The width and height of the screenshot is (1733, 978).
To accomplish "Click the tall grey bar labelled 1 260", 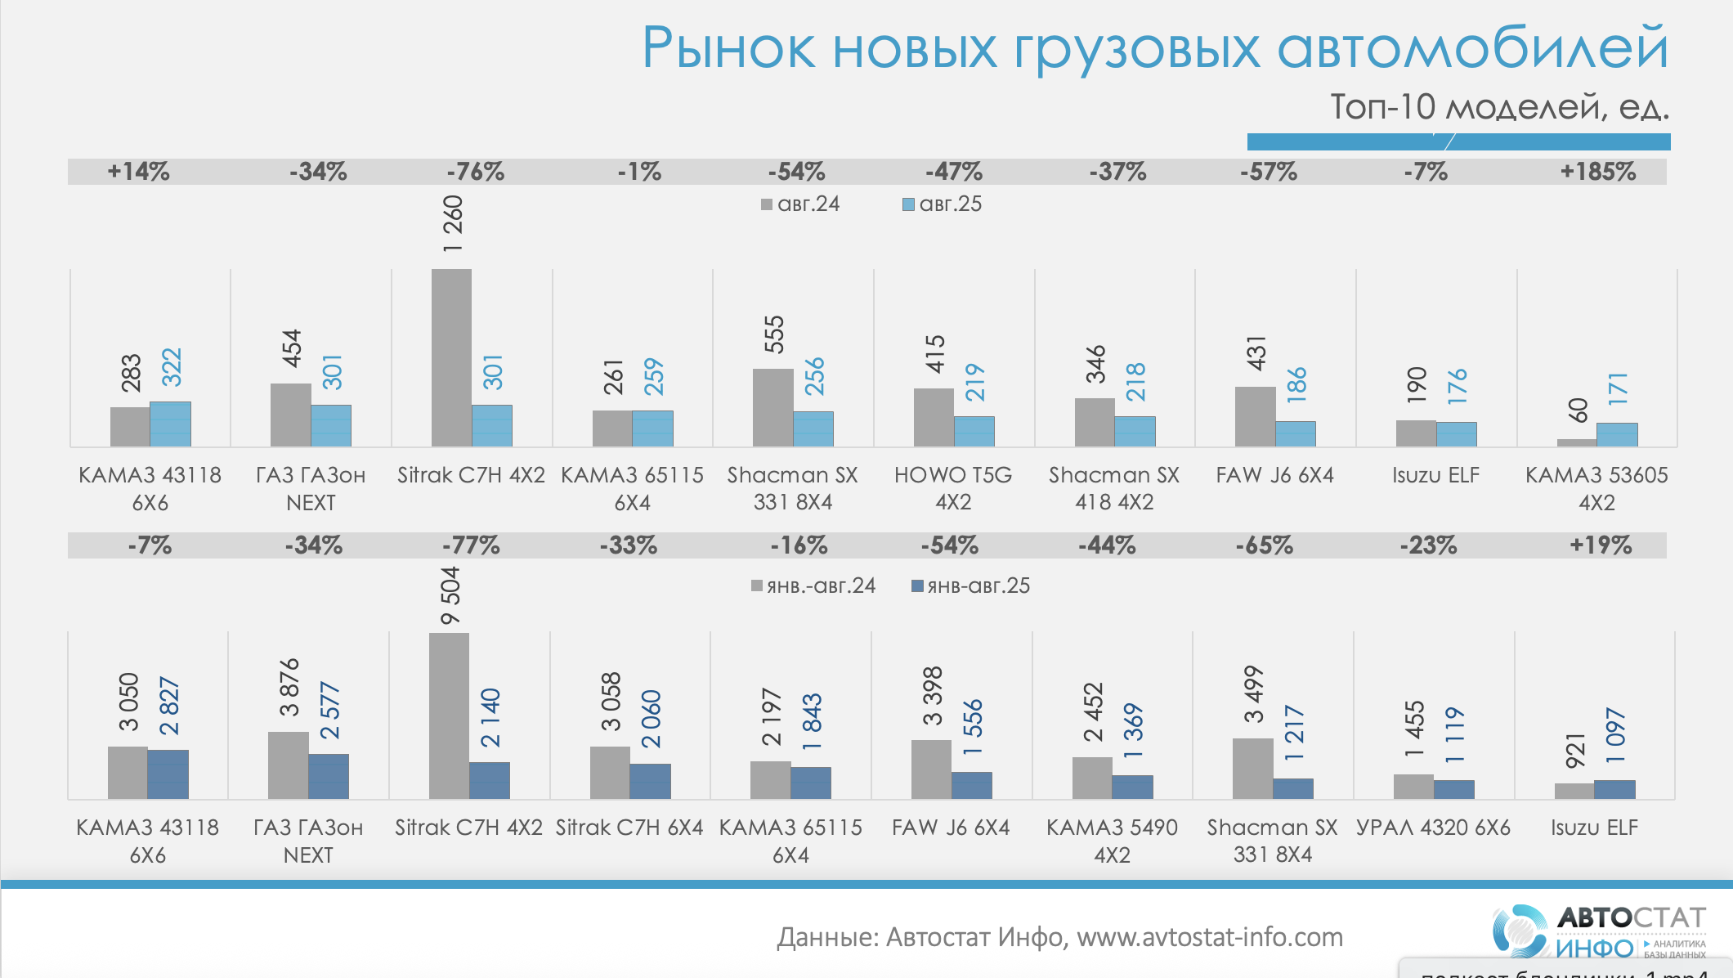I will (x=451, y=357).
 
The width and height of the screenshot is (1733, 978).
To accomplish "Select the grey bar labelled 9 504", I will (x=449, y=716).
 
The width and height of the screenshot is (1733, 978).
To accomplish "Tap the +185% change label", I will (x=1597, y=172).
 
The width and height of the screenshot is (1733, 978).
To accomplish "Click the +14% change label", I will (x=138, y=172).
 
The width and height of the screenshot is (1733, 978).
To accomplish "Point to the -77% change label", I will (x=471, y=545).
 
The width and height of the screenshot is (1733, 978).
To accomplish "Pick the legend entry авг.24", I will (x=800, y=204).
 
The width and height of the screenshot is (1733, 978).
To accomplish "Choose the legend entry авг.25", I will (x=942, y=204).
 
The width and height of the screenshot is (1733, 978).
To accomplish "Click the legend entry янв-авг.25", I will (x=970, y=586).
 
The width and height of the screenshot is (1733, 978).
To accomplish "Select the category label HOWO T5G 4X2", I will (x=953, y=488).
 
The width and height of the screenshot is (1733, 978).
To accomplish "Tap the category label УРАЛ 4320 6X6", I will (x=1433, y=828).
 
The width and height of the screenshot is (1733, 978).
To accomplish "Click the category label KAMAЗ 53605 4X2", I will (x=1596, y=488).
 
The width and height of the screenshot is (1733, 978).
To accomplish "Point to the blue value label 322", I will (x=172, y=367).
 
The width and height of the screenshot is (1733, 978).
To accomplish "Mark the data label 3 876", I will (x=289, y=688).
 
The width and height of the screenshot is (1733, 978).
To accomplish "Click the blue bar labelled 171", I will (x=1617, y=434).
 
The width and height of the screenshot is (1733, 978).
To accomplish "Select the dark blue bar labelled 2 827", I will (x=168, y=774).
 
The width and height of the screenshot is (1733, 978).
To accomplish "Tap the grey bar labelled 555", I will (x=772, y=407).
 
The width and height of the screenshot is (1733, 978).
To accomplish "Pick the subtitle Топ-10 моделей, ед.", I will (x=1499, y=107).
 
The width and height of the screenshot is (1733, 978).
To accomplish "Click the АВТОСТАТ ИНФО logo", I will (x=1599, y=931).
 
